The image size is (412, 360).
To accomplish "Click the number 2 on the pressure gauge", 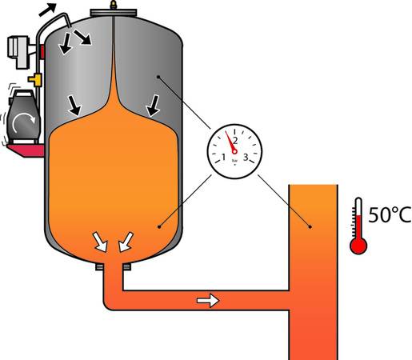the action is [234, 141].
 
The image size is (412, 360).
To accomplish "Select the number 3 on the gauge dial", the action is [246, 156].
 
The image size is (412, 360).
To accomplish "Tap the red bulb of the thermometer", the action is [358, 245].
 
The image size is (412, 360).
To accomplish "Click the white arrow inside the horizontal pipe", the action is [207, 301].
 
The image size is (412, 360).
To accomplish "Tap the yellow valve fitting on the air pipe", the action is [36, 80].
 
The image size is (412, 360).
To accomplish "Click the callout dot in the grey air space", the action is [159, 77].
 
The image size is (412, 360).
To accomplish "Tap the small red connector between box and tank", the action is [41, 50].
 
